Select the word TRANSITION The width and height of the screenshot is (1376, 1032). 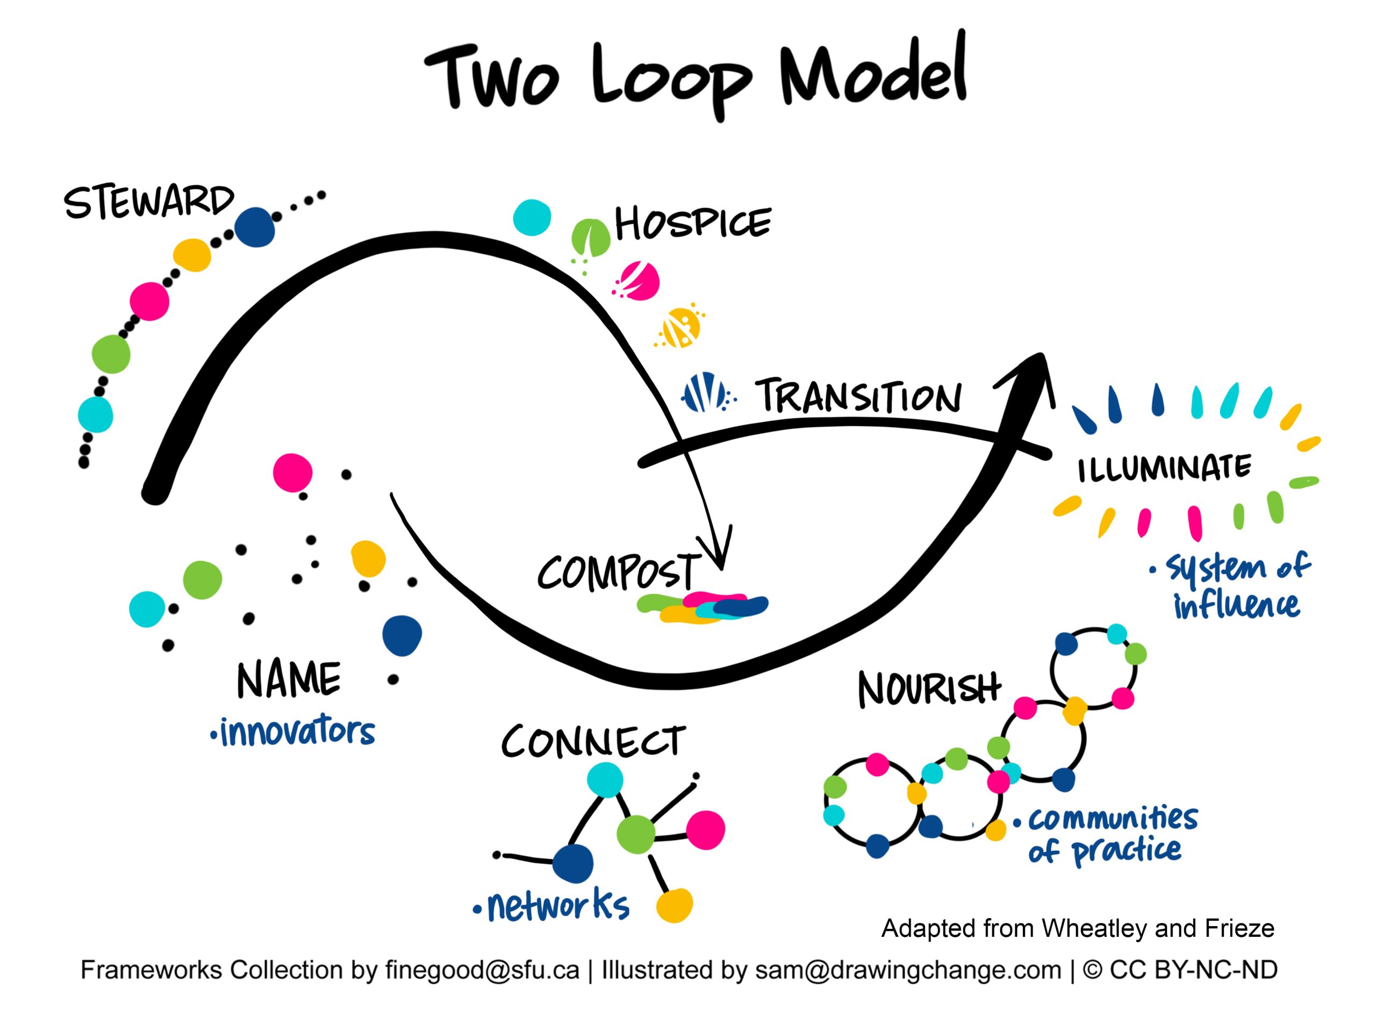click(x=858, y=396)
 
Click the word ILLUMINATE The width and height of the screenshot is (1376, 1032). click(x=1164, y=468)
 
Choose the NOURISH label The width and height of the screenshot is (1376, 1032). click(x=929, y=689)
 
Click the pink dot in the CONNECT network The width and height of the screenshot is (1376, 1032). click(x=705, y=829)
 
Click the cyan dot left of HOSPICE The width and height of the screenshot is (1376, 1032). click(x=532, y=217)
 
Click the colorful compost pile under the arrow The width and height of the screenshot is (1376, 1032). click(x=703, y=607)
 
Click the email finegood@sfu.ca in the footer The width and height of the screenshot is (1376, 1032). click(x=482, y=970)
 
